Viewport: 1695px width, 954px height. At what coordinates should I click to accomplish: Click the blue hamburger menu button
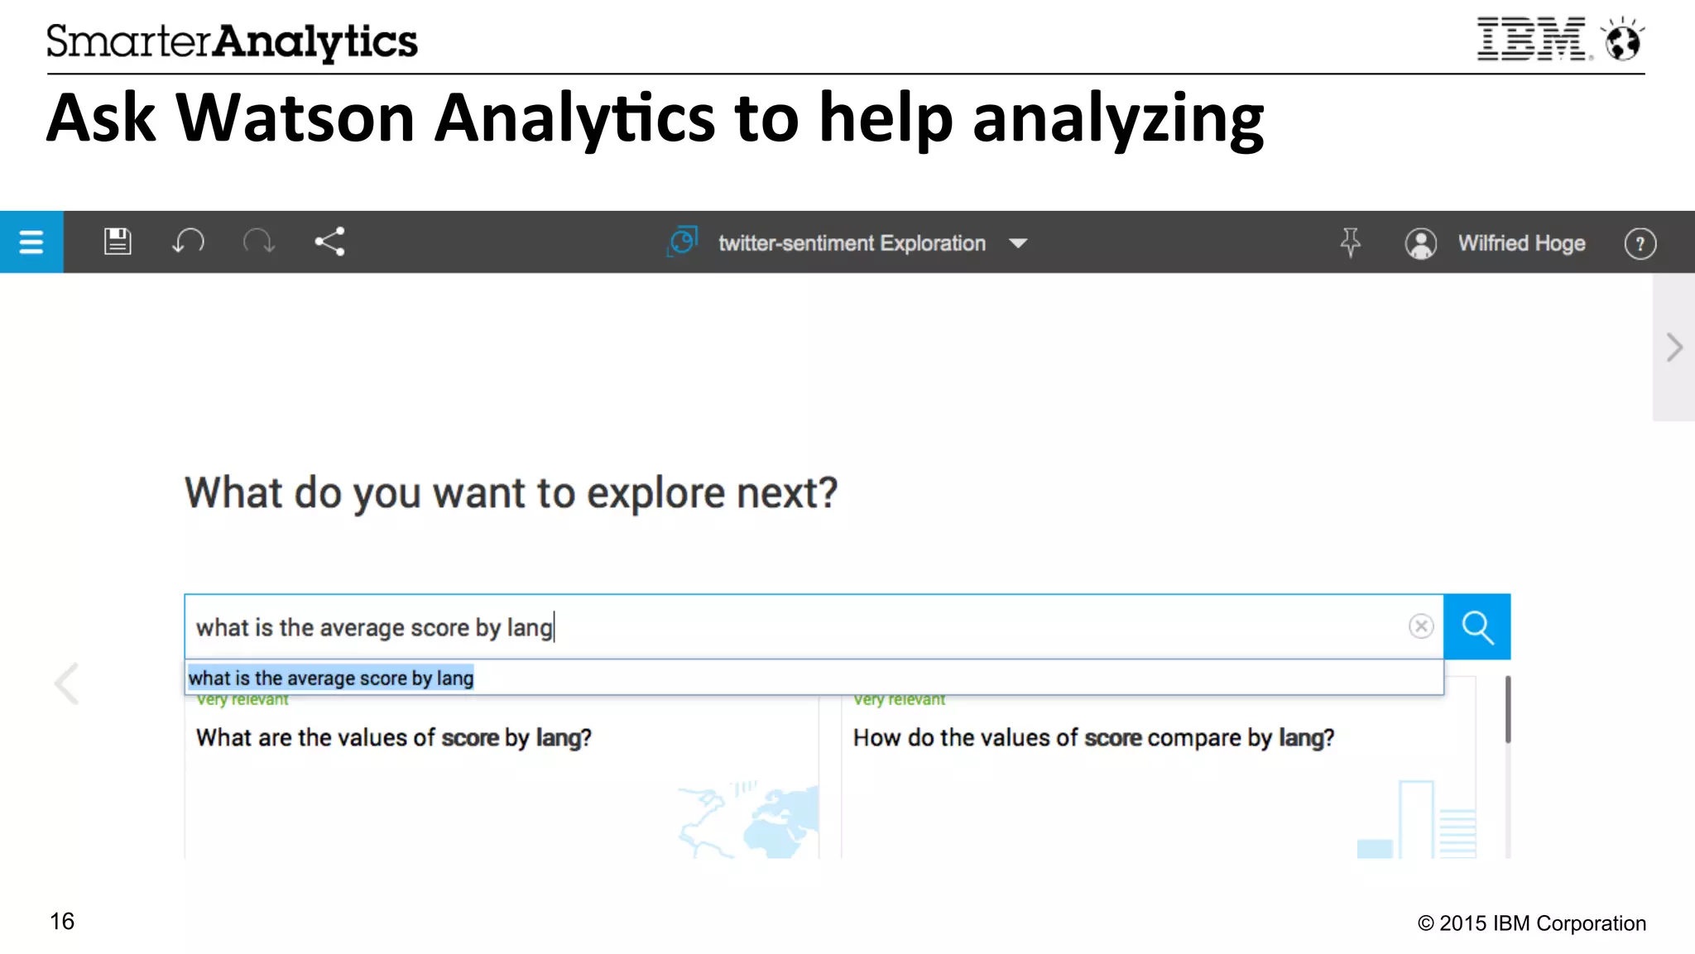(31, 242)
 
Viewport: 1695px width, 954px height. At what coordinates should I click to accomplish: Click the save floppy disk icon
(118, 242)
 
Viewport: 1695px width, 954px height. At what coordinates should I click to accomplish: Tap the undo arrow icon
(188, 242)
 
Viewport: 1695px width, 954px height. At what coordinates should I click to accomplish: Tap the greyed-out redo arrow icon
(258, 242)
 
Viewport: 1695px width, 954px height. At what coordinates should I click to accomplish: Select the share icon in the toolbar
(329, 242)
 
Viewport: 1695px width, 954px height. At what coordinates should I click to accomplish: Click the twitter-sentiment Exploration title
(851, 243)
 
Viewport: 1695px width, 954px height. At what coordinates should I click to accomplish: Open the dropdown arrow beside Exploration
(1018, 243)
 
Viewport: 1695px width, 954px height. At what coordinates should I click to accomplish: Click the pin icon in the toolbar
(1350, 242)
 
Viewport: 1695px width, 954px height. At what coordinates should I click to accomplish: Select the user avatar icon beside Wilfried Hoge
(1420, 243)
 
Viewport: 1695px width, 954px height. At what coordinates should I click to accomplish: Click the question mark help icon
(1640, 243)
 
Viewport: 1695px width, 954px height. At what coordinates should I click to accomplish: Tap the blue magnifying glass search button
(1477, 627)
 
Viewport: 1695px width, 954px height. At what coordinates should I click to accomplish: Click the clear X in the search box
(1421, 626)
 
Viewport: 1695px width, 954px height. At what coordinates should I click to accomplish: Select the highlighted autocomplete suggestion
(331, 678)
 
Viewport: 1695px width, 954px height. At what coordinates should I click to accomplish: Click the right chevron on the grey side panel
(1674, 348)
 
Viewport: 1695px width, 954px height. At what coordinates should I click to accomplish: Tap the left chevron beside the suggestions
(67, 683)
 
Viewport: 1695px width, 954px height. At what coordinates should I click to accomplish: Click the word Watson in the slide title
(295, 118)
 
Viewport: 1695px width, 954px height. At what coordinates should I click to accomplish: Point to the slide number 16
(62, 922)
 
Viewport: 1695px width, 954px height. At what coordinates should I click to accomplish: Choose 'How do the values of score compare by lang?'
(1093, 738)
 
